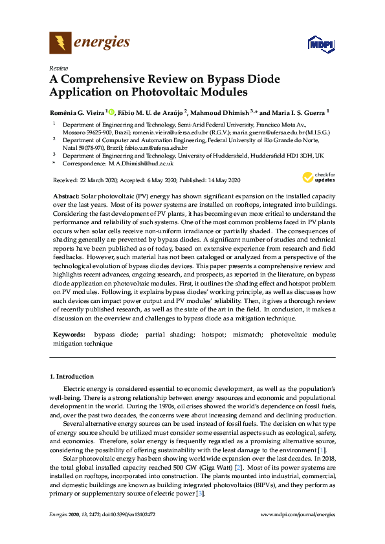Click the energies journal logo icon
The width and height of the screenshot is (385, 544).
click(x=60, y=43)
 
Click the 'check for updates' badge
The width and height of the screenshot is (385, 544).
click(x=318, y=177)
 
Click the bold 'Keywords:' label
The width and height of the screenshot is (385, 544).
click(x=69, y=335)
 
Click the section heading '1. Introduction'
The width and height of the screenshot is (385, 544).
click(x=71, y=376)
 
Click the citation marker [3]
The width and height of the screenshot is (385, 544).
click(x=201, y=494)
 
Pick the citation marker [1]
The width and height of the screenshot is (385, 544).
click(x=322, y=450)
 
